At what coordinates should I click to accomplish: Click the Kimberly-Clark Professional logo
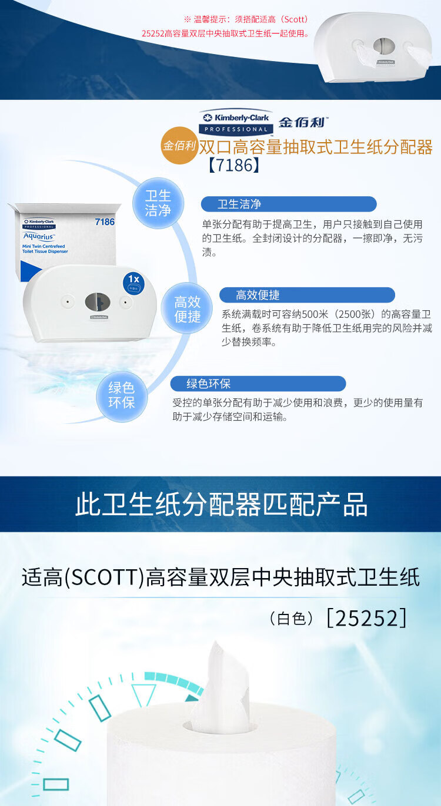pyautogui.click(x=236, y=122)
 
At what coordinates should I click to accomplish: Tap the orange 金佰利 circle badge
pyautogui.click(x=179, y=146)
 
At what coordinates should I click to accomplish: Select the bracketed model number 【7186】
pyautogui.click(x=231, y=165)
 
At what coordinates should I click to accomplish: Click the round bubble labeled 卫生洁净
pyautogui.click(x=158, y=203)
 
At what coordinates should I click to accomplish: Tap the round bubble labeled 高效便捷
pyautogui.click(x=188, y=309)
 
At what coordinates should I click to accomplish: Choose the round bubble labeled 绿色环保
pyautogui.click(x=122, y=395)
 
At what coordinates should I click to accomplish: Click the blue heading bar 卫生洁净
pyautogui.click(x=289, y=204)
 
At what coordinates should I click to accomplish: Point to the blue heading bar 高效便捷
pyautogui.click(x=307, y=295)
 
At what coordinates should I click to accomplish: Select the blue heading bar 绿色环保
pyautogui.click(x=258, y=384)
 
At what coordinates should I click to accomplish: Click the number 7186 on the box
pyautogui.click(x=104, y=222)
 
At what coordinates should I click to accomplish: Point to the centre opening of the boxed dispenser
pyautogui.click(x=98, y=302)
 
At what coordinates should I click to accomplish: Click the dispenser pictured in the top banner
pyautogui.click(x=376, y=48)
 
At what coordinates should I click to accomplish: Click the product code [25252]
pyautogui.click(x=366, y=617)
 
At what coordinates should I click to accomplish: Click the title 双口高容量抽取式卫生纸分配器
pyautogui.click(x=315, y=146)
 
